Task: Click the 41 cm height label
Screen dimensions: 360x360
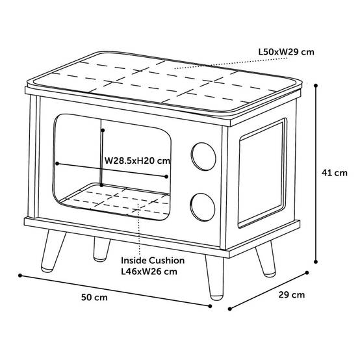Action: click(334, 173)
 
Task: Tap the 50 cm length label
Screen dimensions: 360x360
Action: click(94, 298)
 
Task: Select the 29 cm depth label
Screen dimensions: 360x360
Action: click(292, 295)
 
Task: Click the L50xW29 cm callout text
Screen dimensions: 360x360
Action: click(287, 52)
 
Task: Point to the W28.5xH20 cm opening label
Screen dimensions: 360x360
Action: click(137, 161)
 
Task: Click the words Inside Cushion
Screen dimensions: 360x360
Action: click(153, 261)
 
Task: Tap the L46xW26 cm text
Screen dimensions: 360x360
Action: click(149, 272)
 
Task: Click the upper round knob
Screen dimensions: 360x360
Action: click(203, 157)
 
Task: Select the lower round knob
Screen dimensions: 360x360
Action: click(203, 207)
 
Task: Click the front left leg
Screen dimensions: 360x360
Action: click(53, 251)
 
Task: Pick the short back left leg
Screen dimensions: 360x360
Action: click(101, 249)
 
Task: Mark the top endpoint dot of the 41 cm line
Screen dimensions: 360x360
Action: click(316, 86)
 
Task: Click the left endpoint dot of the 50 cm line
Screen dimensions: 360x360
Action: click(20, 276)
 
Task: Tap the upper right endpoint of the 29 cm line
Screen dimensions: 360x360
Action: click(307, 273)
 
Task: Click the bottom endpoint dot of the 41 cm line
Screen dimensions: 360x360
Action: click(316, 262)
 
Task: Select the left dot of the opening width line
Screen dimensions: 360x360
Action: click(57, 164)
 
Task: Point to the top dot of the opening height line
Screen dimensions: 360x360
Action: click(103, 131)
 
